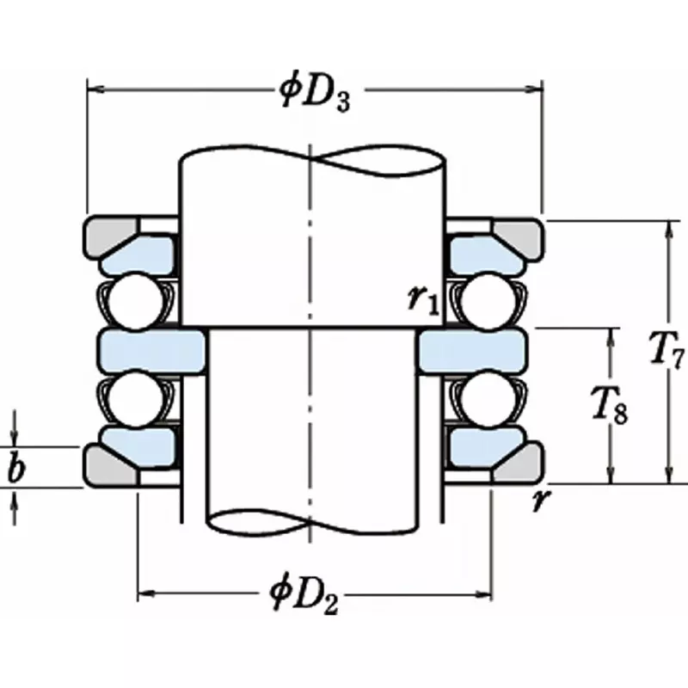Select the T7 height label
[664, 353]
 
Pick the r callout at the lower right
[540, 501]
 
